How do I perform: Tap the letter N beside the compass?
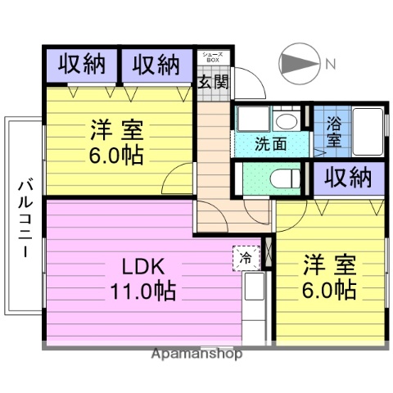click(x=329, y=63)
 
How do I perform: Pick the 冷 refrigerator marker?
click(x=246, y=257)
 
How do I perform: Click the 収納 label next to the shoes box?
click(x=156, y=65)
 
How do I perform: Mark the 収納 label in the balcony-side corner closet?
click(x=80, y=65)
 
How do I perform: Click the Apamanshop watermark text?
click(x=196, y=355)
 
